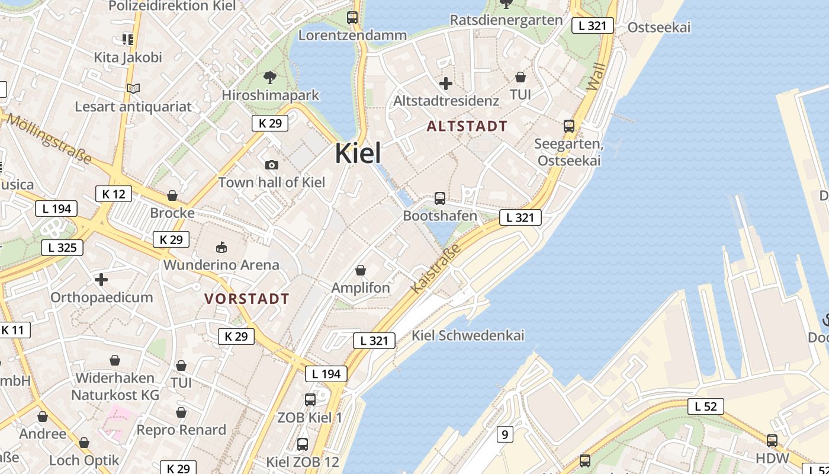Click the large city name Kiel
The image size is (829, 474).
358,153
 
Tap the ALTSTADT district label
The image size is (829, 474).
467,126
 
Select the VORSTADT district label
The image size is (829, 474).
247,299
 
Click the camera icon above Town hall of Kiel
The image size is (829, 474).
272,165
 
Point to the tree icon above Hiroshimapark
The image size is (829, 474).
270,77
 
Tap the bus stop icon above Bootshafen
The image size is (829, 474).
439,198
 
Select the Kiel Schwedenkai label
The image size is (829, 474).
468,335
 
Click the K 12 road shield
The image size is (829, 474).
113,194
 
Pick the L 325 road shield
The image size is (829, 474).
62,248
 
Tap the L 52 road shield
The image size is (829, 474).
706,406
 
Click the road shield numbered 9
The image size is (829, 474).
504,435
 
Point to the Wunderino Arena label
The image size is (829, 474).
221,265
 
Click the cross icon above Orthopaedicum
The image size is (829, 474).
101,279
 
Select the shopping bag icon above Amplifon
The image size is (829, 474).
361,271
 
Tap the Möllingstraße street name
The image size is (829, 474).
50,140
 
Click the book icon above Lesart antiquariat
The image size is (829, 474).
133,89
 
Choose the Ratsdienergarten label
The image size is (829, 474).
506,20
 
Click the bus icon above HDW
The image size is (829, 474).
772,440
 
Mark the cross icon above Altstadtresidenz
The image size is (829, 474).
446,84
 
